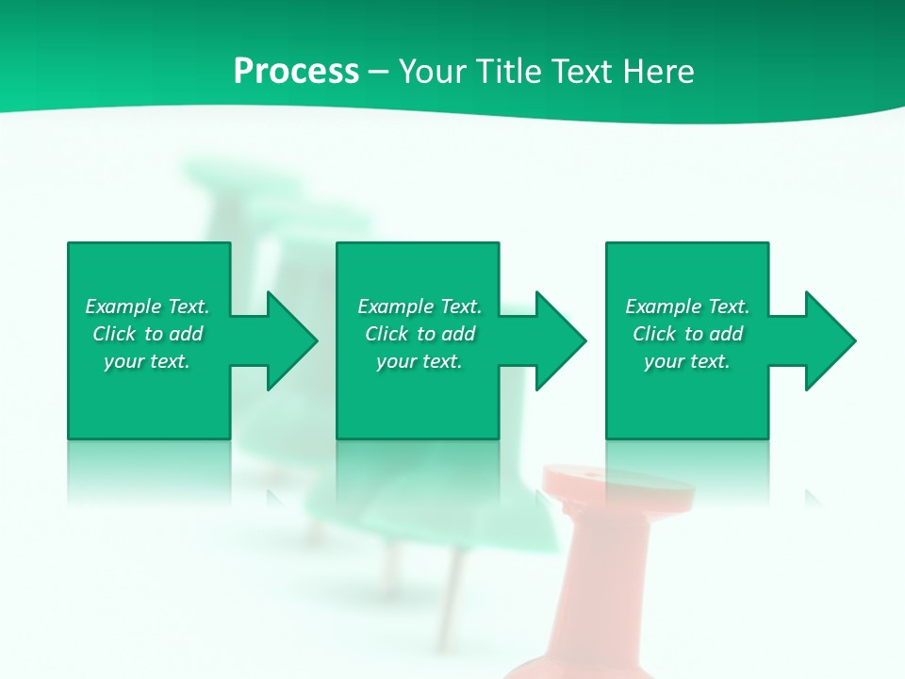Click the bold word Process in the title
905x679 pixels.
click(296, 72)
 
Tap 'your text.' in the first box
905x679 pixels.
click(147, 361)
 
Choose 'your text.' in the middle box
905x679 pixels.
click(419, 361)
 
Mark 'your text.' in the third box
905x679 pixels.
click(686, 361)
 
